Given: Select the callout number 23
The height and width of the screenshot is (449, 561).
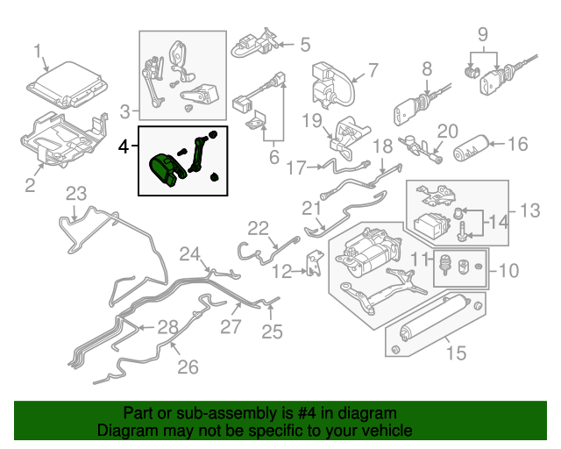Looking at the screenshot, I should (x=76, y=193).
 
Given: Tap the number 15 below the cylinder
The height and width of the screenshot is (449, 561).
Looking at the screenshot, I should (x=456, y=353).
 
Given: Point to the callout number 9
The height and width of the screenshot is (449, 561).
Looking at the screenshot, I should (x=482, y=35).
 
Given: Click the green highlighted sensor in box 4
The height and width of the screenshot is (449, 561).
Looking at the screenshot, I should (x=167, y=167).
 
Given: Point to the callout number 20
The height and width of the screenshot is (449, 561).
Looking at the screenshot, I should (x=447, y=131).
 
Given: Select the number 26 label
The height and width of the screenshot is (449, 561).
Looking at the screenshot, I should (x=188, y=367).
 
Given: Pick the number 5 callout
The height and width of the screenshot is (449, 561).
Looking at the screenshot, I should (x=305, y=43).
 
